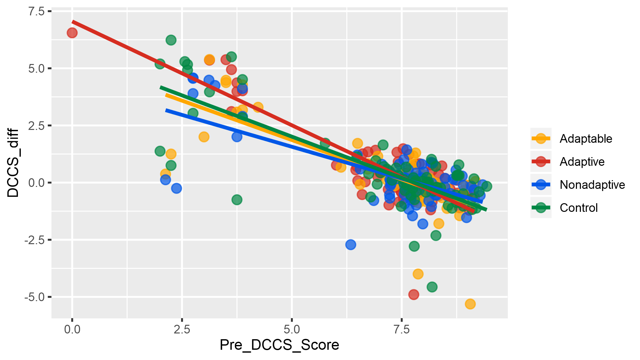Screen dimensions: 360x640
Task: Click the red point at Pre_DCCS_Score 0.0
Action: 72,33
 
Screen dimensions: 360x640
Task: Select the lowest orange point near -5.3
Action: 470,304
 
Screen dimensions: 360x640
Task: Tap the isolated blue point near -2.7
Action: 351,245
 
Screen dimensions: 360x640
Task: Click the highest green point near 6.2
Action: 171,40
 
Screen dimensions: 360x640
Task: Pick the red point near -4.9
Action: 413,294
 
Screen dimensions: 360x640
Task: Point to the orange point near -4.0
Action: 418,274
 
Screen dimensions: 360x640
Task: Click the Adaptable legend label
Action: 586,139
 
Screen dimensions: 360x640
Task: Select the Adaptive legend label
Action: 582,162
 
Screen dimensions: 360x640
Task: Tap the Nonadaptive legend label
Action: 592,185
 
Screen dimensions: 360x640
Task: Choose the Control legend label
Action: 579,208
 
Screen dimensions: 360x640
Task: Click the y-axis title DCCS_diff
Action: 13,163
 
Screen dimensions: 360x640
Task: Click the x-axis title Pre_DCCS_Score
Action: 279,345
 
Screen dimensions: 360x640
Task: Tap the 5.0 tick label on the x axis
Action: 292,329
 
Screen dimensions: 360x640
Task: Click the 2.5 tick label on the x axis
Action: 182,329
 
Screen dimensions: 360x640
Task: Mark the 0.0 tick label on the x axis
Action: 72,329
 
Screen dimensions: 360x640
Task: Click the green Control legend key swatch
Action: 541,208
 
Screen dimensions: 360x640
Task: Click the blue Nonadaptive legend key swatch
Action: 541,185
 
